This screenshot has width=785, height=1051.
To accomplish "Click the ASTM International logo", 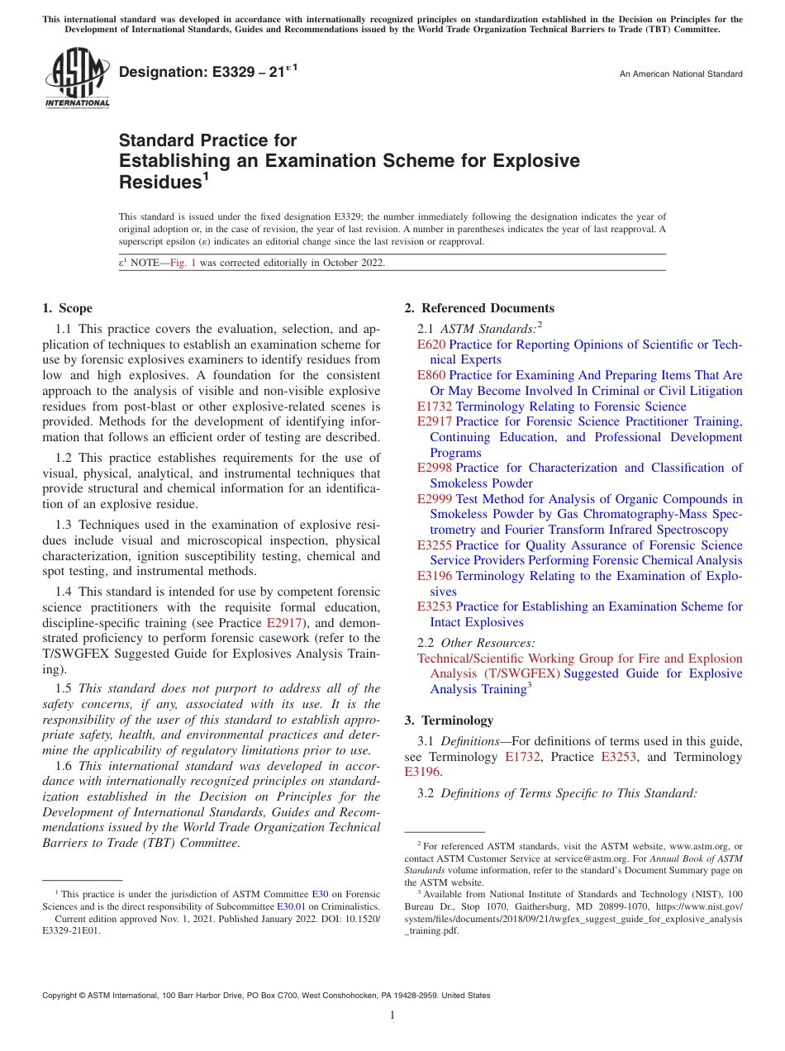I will tap(77, 78).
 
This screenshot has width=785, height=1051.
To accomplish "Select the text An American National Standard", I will tap(681, 74).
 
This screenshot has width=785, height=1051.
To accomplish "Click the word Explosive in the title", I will tap(536, 161).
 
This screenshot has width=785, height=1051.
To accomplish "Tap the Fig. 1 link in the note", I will tap(183, 264).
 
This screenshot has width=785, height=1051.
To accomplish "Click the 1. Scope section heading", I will tap(68, 308).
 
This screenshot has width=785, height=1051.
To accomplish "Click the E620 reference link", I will tap(431, 345).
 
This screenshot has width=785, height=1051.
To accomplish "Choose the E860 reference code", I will tap(431, 375).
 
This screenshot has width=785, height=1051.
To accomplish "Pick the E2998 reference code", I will tap(435, 468).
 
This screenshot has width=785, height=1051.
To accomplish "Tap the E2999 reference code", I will tap(435, 499).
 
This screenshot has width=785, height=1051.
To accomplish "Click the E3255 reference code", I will tap(435, 545).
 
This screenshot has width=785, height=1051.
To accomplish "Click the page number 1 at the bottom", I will tap(392, 1015).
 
